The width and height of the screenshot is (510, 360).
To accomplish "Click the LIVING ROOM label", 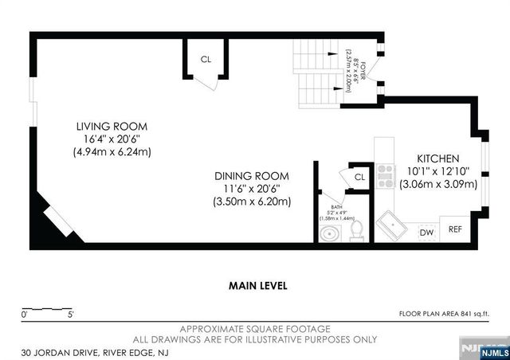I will [112, 127].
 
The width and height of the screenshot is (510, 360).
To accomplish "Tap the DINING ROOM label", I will [251, 175].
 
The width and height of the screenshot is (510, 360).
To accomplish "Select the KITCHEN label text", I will [437, 158].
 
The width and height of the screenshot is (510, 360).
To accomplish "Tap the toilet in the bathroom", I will [356, 229].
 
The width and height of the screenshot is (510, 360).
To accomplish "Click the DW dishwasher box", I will [426, 231].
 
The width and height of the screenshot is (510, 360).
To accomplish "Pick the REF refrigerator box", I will [455, 229].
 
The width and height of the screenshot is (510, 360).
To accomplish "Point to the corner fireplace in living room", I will [53, 220].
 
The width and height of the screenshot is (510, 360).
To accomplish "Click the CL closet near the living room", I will [206, 59].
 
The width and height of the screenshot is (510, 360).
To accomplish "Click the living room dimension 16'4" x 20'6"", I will [112, 139].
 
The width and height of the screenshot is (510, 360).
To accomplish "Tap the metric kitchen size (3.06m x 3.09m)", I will [437, 183].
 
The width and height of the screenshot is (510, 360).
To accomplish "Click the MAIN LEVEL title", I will [257, 285].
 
